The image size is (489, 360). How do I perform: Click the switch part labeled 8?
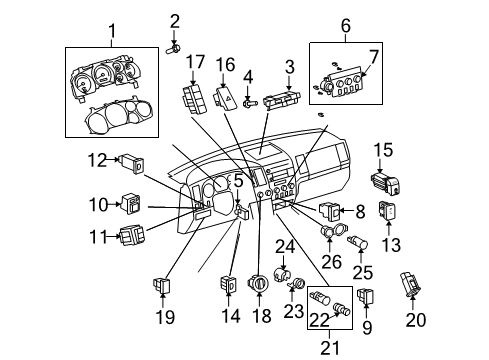329,211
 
